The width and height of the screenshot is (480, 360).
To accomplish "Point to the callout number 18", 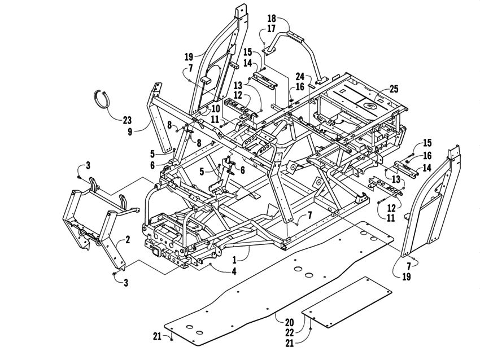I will [x=272, y=18].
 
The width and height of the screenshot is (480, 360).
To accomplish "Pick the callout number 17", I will [x=272, y=28].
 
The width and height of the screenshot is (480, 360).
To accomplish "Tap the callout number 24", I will [x=300, y=76].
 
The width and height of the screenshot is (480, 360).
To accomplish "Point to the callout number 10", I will [x=216, y=108].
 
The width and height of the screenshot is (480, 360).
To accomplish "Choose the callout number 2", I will [x=128, y=240].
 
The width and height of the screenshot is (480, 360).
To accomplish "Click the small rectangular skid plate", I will [x=347, y=302].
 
